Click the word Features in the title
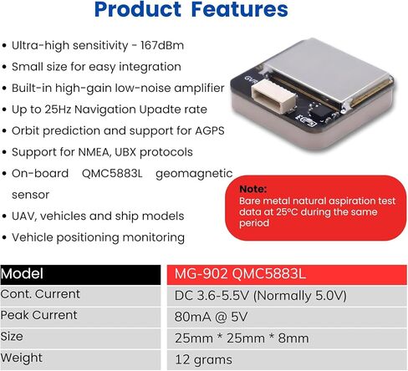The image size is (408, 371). click(x=240, y=10)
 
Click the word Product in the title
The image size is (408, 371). click(x=138, y=10)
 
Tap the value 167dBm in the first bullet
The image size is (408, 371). click(x=162, y=45)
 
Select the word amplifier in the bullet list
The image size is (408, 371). click(x=199, y=89)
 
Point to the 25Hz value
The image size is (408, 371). click(x=58, y=109)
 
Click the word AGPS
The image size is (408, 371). click(x=210, y=130)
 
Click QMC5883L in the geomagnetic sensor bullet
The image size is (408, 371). click(x=112, y=174)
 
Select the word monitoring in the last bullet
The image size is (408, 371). click(x=154, y=238)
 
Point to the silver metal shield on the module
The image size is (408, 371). click(x=326, y=72)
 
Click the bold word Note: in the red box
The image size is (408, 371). click(x=253, y=189)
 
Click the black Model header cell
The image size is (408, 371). click(x=80, y=274)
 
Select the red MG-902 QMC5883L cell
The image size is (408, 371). click(x=287, y=274)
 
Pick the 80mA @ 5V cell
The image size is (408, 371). click(x=287, y=317)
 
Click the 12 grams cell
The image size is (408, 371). click(x=287, y=359)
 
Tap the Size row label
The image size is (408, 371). click(x=12, y=337)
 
